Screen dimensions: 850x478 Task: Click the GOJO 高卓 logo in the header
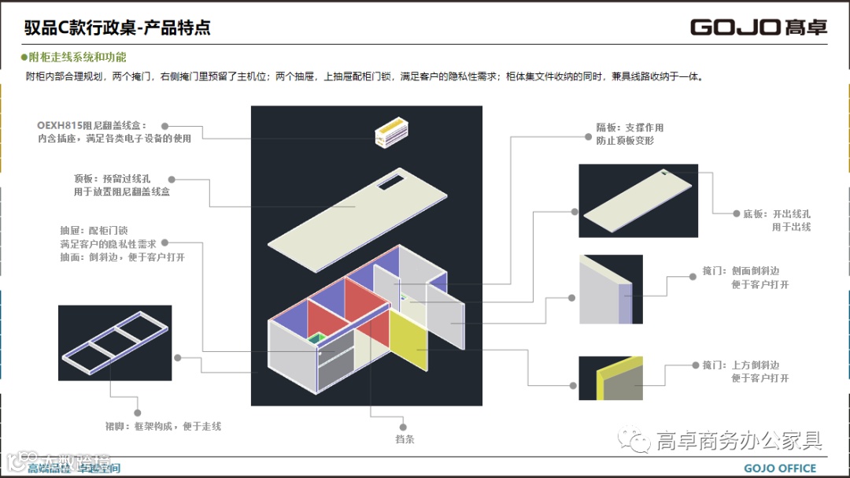759,28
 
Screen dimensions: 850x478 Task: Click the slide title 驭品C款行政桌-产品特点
117,28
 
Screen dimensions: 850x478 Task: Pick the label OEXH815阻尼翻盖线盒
91,125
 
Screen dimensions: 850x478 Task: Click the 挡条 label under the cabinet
405,439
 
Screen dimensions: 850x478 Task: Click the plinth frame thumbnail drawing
115,342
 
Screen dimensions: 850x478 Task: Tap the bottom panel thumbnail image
637,200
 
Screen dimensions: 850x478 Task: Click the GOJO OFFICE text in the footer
780,469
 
